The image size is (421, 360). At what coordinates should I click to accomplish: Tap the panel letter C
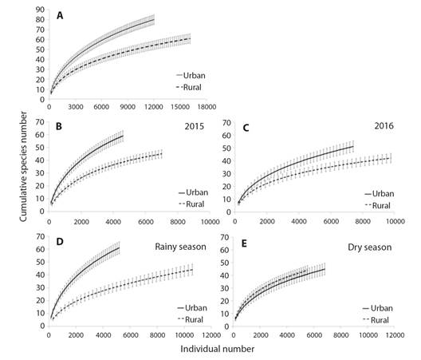click(x=246, y=127)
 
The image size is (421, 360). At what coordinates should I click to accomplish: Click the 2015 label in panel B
click(x=192, y=125)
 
